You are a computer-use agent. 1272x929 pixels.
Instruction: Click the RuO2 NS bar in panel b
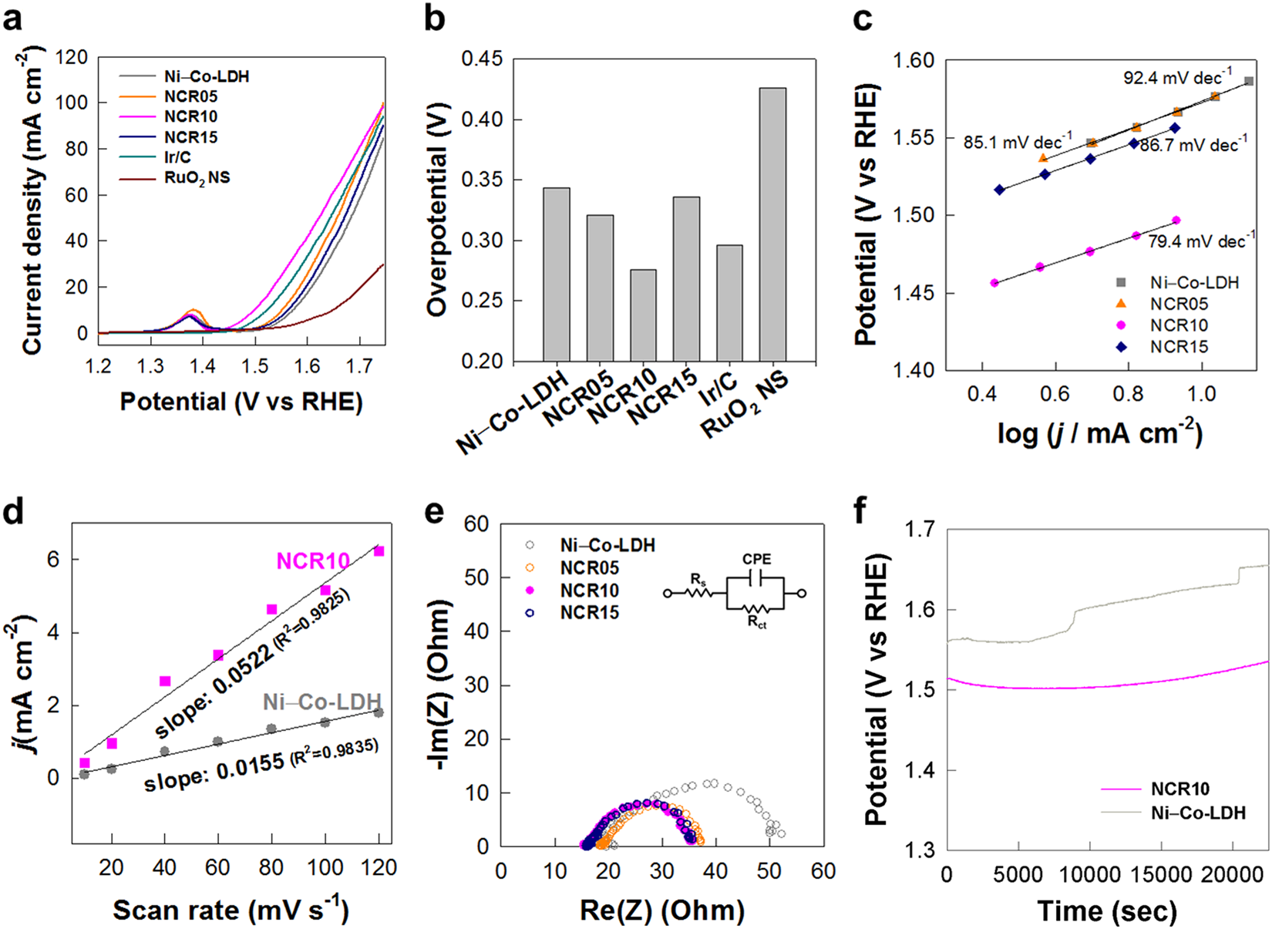(x=773, y=224)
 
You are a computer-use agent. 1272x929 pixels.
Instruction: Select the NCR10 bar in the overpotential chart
(x=643, y=315)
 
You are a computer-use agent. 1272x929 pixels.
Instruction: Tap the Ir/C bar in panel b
(x=729, y=303)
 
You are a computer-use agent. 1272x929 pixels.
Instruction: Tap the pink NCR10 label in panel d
(x=313, y=560)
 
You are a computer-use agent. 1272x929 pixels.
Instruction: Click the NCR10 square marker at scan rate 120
(x=379, y=551)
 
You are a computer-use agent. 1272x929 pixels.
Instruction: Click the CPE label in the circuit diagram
(x=756, y=559)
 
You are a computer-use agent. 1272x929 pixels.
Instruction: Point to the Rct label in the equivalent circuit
(x=757, y=621)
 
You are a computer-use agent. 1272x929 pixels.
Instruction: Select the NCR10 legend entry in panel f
(x=1179, y=789)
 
